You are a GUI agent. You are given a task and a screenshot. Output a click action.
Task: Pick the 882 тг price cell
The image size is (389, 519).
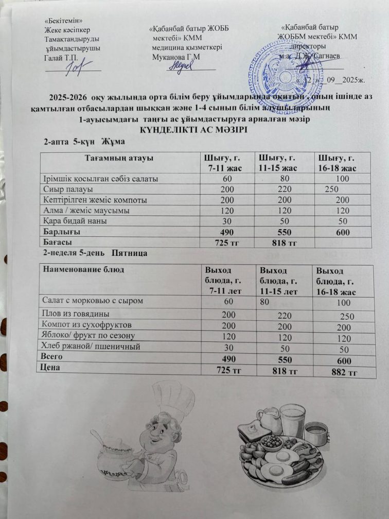[337, 372]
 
